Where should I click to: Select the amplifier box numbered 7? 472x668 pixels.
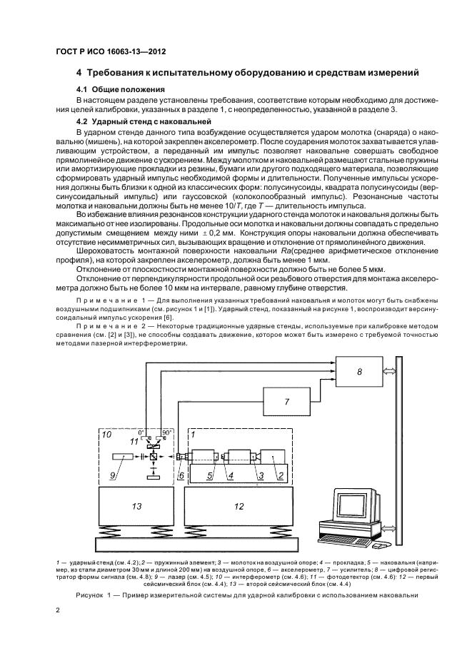(x=286, y=402)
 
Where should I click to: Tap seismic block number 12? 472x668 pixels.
(x=238, y=506)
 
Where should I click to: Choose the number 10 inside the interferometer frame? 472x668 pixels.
(x=106, y=433)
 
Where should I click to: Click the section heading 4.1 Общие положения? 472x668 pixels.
(x=121, y=89)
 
